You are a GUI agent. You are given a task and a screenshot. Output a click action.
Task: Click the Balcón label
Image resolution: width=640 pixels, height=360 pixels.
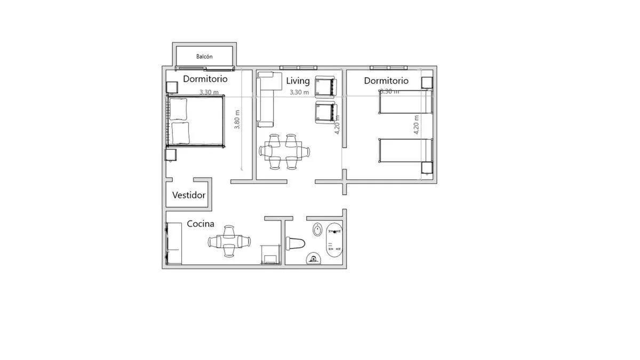coord(204,57)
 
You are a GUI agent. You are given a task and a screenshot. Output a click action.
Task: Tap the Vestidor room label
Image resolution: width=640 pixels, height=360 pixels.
coord(189,195)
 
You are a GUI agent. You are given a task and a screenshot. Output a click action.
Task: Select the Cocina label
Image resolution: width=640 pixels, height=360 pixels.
coord(201,223)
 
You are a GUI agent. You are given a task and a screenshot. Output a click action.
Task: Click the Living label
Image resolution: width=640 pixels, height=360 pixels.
coord(298,81)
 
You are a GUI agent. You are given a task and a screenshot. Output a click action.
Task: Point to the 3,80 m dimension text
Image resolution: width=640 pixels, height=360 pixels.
coord(237,119)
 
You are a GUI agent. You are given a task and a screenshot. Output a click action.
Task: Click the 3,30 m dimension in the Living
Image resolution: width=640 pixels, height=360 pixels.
coord(299,92)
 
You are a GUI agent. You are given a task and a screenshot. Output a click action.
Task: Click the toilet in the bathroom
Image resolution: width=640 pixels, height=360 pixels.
coord(295,243)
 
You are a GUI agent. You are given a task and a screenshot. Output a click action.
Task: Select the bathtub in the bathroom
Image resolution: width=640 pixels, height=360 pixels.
coord(334,240)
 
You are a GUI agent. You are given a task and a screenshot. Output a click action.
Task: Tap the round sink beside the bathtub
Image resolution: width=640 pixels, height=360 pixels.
coord(317,230)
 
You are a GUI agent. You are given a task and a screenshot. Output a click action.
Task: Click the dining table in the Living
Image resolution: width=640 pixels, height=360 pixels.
coord(283,150)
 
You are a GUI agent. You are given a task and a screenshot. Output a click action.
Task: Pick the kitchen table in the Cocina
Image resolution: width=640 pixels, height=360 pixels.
coord(229,242)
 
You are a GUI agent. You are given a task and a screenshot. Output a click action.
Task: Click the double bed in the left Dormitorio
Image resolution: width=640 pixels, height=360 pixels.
coord(195,121)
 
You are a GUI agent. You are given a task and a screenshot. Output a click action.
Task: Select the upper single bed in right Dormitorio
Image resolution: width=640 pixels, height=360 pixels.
coord(406,102)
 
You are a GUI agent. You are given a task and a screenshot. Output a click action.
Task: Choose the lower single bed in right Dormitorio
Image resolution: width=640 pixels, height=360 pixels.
coord(406,150)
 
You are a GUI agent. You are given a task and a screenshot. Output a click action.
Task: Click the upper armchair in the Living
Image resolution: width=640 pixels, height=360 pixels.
coord(325,87)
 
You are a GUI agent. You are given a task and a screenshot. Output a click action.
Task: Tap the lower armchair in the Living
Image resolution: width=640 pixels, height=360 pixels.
coord(326,113)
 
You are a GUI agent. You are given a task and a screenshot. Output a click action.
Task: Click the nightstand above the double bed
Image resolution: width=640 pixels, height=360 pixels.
coord(172,87)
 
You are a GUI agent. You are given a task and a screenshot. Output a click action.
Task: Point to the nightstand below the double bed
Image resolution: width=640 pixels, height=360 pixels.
coord(171,155)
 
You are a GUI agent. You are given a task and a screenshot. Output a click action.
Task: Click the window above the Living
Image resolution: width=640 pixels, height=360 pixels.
coord(298,68)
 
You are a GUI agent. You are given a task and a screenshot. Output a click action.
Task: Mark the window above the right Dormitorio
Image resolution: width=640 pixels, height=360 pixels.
coord(389,68)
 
